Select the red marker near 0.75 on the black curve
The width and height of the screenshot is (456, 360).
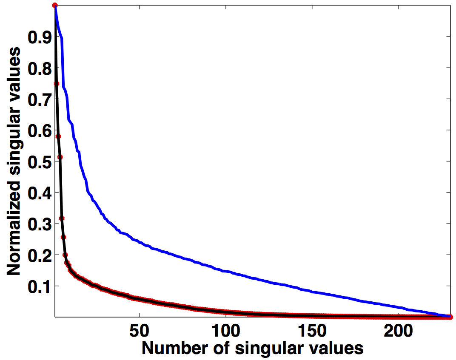point(57,84)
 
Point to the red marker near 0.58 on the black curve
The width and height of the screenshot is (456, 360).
point(58,136)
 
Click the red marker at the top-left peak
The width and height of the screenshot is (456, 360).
point(55,5)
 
